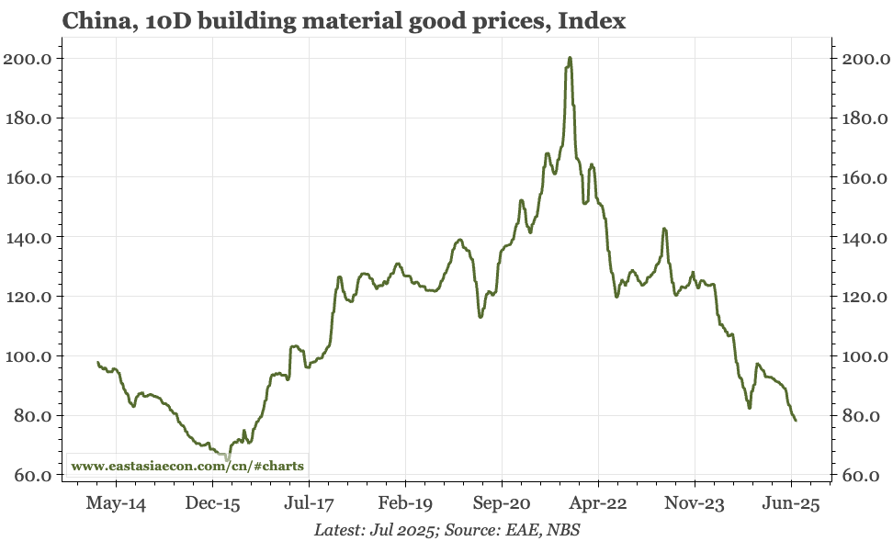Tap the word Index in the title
click(x=596, y=21)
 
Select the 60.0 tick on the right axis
click(x=864, y=476)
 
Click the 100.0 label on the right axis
click(x=864, y=356)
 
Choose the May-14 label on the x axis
click(x=116, y=503)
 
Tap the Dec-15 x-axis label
click(x=212, y=503)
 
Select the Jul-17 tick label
click(x=309, y=503)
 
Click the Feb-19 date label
click(x=405, y=503)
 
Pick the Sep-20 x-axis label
click(x=502, y=503)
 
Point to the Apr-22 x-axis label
click(x=598, y=503)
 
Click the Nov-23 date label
click(x=695, y=503)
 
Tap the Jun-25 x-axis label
click(x=791, y=503)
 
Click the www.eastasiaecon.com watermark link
click(x=187, y=466)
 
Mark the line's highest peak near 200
click(x=570, y=58)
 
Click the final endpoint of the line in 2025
click(x=796, y=421)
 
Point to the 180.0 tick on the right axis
click(x=864, y=118)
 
